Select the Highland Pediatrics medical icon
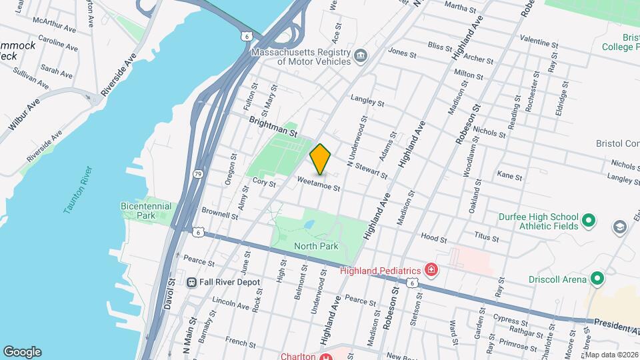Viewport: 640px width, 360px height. tap(431, 270)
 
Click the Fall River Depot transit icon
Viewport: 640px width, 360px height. tap(192, 282)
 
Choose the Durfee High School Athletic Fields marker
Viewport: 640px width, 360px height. tap(588, 220)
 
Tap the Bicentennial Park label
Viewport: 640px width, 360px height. tap(146, 211)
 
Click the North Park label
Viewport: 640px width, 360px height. tap(317, 246)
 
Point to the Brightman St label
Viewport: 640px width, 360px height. tap(271, 123)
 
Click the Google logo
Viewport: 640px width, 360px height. tap(22, 351)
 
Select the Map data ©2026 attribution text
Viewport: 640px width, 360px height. tap(611, 355)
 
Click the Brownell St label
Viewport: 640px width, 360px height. tap(220, 214)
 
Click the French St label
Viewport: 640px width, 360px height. tap(237, 342)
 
